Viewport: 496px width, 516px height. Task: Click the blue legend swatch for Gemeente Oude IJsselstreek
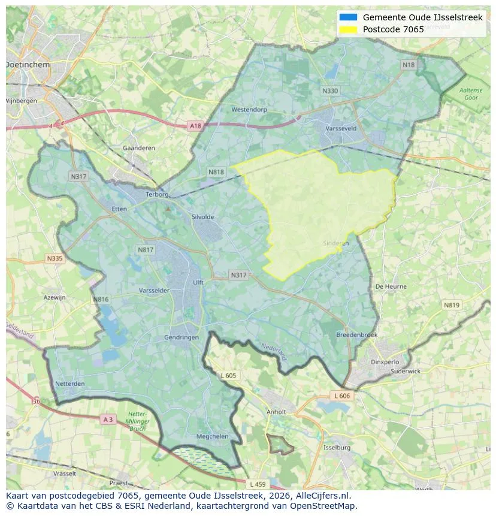pos(348,17)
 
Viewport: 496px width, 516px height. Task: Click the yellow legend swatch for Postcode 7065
pos(348,29)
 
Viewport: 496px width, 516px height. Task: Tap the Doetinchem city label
pos(28,64)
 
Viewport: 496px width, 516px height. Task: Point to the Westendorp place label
pos(249,110)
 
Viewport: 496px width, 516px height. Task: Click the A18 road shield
pos(195,126)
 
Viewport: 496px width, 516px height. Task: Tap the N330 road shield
pos(329,91)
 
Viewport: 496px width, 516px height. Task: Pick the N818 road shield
pos(216,172)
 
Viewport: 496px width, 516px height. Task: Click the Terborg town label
pos(158,194)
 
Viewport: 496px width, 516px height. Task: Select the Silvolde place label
pos(202,217)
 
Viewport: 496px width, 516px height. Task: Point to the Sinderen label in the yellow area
pos(335,243)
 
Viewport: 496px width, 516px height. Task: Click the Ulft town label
pos(198,283)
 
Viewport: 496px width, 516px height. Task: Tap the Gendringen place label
pos(181,337)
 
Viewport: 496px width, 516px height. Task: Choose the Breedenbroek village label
pos(356,335)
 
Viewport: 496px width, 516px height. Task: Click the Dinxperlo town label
pos(385,362)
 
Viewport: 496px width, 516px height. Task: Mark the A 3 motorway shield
pos(108,420)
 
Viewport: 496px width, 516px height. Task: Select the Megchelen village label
pos(213,436)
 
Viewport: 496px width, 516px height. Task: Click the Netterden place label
pos(69,383)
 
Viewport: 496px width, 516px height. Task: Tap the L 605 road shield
pos(228,375)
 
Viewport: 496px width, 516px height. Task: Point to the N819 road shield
pos(452,305)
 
